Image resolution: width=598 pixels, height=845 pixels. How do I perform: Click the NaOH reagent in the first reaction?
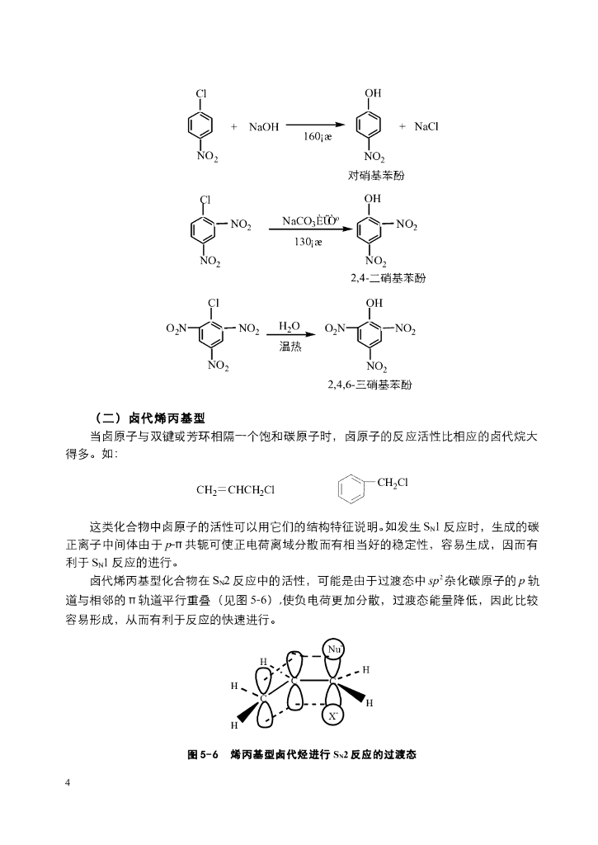(x=265, y=127)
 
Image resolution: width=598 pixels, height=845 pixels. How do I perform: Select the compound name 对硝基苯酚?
(x=375, y=176)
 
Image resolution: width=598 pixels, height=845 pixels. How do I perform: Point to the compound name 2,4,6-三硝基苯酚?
(x=369, y=385)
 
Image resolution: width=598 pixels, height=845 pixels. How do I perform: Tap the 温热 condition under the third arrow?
(x=290, y=347)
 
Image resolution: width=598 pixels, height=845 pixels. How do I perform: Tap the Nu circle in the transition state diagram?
(x=334, y=649)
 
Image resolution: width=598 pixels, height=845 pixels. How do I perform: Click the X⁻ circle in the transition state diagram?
(x=332, y=716)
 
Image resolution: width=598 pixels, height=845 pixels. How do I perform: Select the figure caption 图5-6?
(x=202, y=754)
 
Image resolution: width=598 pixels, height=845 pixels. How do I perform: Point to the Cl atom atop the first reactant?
(x=200, y=93)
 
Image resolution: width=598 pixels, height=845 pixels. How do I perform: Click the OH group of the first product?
(x=373, y=93)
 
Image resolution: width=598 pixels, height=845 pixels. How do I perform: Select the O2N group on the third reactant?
(x=177, y=329)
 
